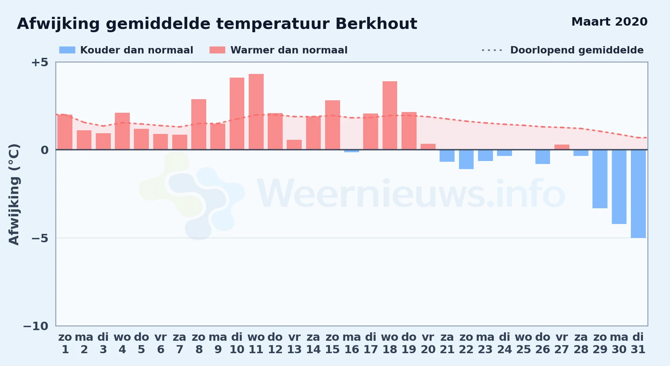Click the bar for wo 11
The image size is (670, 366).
[256, 112]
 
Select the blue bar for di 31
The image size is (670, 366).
[638, 194]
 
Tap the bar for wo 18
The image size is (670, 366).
[390, 115]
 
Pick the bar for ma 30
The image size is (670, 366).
[619, 187]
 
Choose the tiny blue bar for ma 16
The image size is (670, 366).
[351, 151]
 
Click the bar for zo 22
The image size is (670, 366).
[466, 159]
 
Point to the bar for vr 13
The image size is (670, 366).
[294, 145]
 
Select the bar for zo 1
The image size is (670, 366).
[65, 132]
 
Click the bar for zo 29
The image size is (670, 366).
[600, 179]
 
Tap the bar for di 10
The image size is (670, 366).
[237, 113]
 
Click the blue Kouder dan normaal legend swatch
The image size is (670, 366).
[67, 50]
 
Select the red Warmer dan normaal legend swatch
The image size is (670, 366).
[218, 50]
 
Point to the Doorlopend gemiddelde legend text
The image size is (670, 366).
[577, 50]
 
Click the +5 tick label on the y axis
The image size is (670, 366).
[39, 62]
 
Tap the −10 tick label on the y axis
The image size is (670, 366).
[35, 326]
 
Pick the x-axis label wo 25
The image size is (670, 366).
[524, 343]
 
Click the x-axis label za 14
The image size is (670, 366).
[313, 343]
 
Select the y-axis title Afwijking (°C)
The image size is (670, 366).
[14, 194]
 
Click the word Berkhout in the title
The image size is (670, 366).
[376, 24]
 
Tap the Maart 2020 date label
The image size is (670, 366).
[609, 22]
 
